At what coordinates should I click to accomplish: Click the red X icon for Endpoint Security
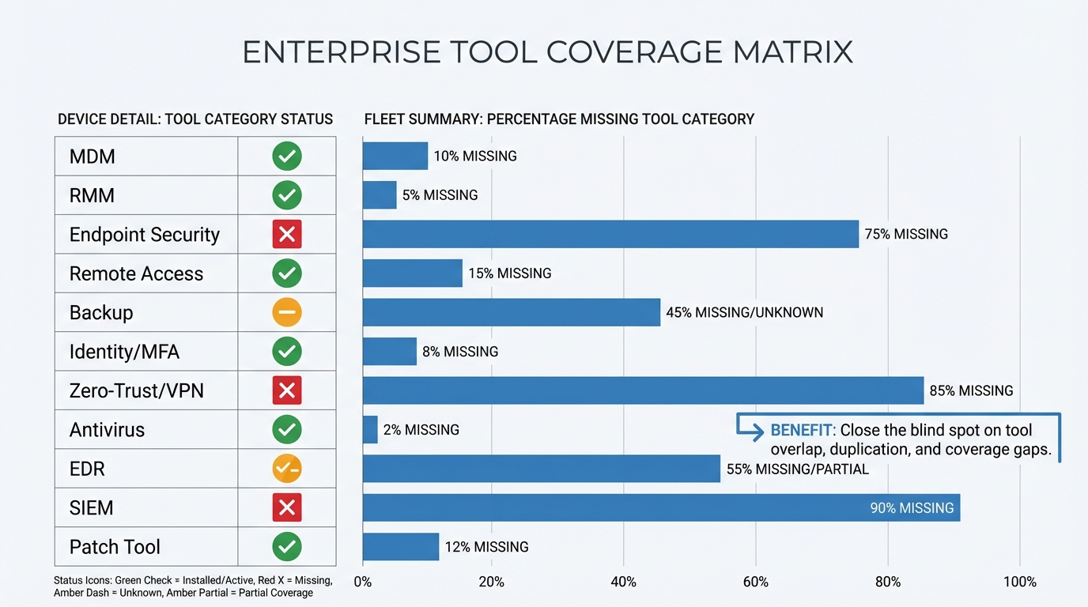click(x=287, y=235)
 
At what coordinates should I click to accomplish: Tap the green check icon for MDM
click(x=287, y=156)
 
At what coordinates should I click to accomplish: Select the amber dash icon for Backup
click(x=287, y=313)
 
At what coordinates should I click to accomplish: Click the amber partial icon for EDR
click(x=287, y=469)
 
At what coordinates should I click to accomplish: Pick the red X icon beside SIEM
click(x=287, y=507)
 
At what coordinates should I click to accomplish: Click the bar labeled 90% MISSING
click(x=661, y=507)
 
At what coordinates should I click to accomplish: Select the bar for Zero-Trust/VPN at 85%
click(x=643, y=390)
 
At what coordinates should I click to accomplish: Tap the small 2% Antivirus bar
click(x=370, y=430)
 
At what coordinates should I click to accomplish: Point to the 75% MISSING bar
click(x=610, y=235)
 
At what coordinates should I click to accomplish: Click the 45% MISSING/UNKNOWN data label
click(x=744, y=313)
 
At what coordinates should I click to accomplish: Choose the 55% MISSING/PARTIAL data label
click(x=796, y=469)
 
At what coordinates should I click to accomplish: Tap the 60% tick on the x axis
click(x=756, y=582)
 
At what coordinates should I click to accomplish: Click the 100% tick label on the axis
click(x=1019, y=582)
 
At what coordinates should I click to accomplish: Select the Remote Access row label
click(x=136, y=274)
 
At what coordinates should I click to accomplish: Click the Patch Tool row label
click(x=115, y=547)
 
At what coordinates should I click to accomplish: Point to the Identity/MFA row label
click(x=124, y=352)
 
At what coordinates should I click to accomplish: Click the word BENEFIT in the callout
click(x=802, y=431)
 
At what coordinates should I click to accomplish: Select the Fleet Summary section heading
click(x=559, y=119)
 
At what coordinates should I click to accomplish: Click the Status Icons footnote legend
click(x=193, y=586)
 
